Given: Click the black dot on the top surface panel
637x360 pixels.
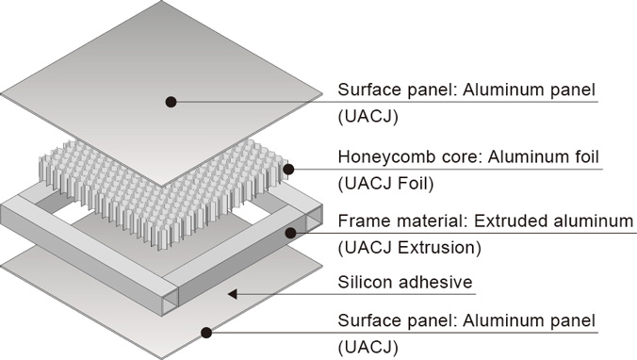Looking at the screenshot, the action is pos(171,102).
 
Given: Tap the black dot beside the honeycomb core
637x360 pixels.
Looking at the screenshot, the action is pos(288,169).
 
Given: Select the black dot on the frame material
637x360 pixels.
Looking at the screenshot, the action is pos(290,233).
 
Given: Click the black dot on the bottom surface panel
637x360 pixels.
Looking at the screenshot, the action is pos(206,333).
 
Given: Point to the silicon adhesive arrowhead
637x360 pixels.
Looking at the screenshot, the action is pos(233,293).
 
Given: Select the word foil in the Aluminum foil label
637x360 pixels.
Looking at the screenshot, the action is pos(584,156).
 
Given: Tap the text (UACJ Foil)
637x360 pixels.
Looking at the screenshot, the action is pos(386,184).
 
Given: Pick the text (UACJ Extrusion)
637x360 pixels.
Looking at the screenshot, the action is pos(410,248).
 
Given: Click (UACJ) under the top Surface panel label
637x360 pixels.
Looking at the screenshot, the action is pos(368,117).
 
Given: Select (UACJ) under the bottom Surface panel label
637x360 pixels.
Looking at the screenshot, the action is pos(368,348).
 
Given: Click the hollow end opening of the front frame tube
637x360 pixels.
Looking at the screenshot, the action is pos(171,300).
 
